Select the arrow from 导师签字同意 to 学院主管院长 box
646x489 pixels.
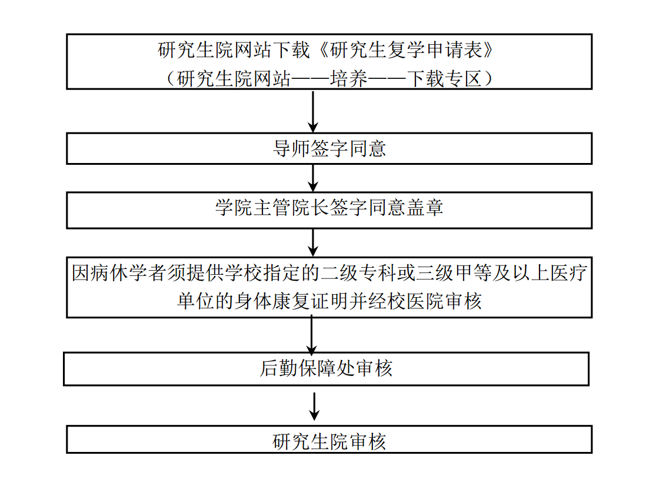313,178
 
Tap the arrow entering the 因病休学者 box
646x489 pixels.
313,242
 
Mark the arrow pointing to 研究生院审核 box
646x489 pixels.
315,405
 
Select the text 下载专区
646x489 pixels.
445,78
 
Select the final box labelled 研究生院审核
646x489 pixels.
329,440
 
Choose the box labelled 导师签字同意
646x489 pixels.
329,148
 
